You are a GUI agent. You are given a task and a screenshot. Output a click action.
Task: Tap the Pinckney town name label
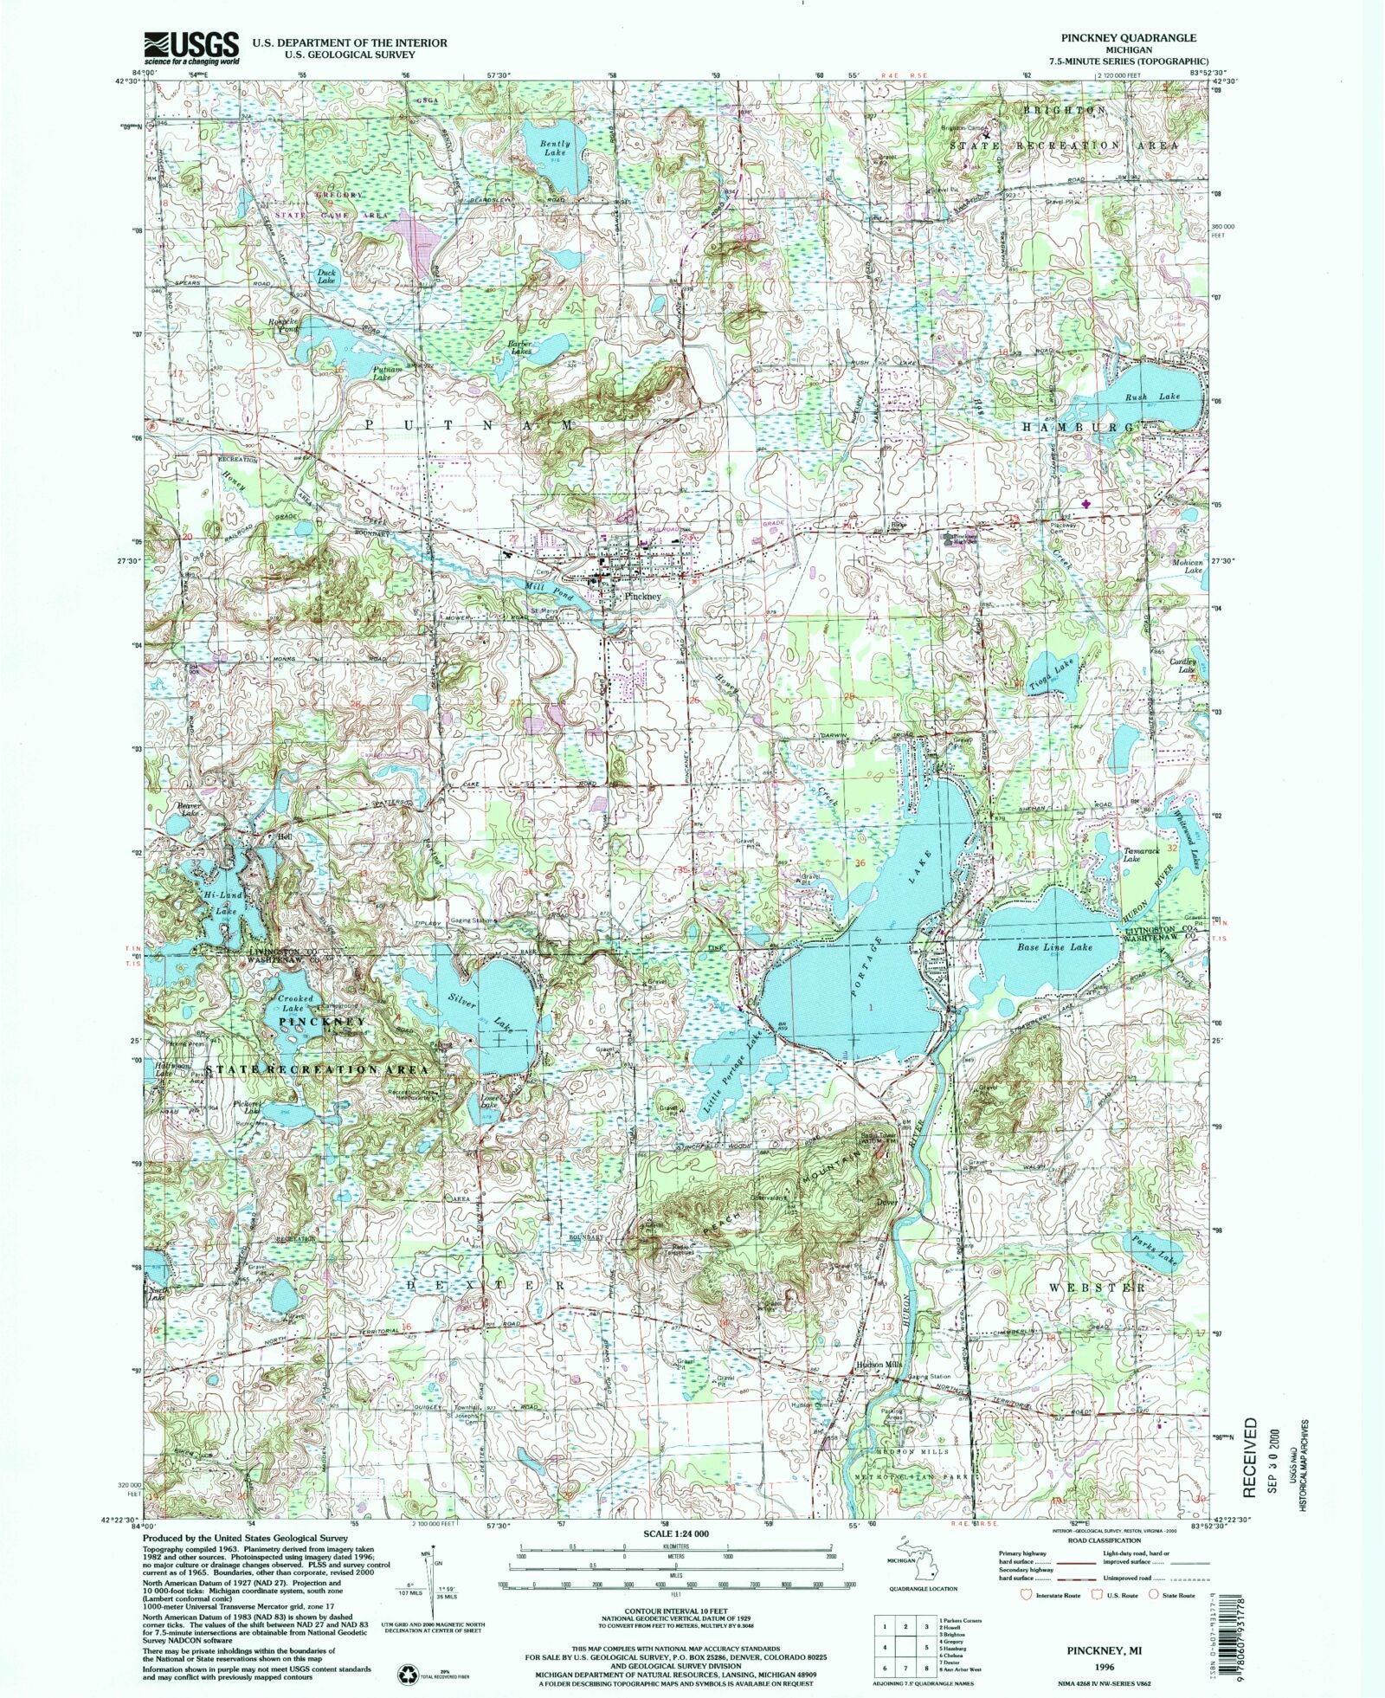(640, 597)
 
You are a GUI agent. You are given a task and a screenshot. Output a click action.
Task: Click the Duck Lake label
(325, 277)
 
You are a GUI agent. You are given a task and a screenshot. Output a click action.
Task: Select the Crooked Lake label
(294, 1004)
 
